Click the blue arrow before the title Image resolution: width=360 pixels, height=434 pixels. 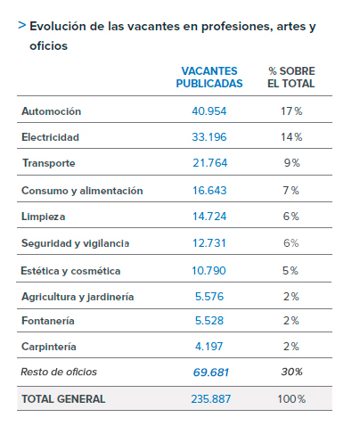pos(21,26)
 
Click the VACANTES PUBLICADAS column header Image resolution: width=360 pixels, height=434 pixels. pos(209,78)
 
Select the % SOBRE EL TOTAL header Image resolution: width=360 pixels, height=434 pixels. pos(291,78)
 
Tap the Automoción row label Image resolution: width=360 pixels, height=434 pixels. pos(51,111)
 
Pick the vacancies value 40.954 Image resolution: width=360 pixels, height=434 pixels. pos(209,111)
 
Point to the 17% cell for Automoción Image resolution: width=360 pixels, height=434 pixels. pos(291,111)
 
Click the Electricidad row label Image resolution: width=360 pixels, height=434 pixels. pos(50,137)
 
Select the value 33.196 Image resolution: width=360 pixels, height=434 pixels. pos(209,137)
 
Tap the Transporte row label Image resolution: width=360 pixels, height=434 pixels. pos(49,163)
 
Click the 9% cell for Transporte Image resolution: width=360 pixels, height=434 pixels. pos(291,163)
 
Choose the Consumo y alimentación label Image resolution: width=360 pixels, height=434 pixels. pos(82,191)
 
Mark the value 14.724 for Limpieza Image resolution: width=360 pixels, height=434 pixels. pos(209,217)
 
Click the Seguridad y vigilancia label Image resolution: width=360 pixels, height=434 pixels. pos(75,243)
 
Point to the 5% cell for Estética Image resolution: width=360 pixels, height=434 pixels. pos(290,271)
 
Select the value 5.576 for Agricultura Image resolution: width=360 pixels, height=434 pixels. pos(209,297)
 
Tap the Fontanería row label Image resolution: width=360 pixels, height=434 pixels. pos(48,321)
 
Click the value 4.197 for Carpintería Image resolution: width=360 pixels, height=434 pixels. pos(209,347)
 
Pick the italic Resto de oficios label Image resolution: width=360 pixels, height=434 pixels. pos(59,372)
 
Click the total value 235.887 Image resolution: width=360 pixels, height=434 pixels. pos(211,399)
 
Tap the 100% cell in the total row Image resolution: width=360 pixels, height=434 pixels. pos(291,399)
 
